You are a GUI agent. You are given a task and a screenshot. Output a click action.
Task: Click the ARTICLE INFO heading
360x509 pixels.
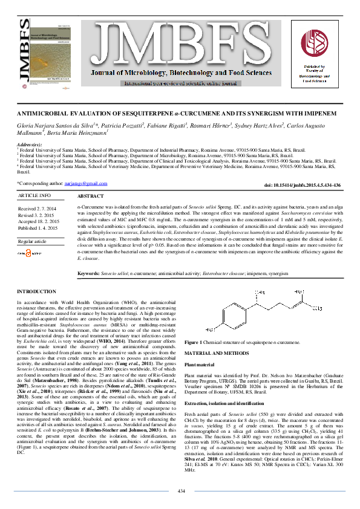coord(35,196)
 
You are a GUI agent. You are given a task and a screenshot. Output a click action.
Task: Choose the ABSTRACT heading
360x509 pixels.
coord(91,197)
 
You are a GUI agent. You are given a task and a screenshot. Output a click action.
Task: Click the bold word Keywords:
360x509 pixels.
coord(89,274)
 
